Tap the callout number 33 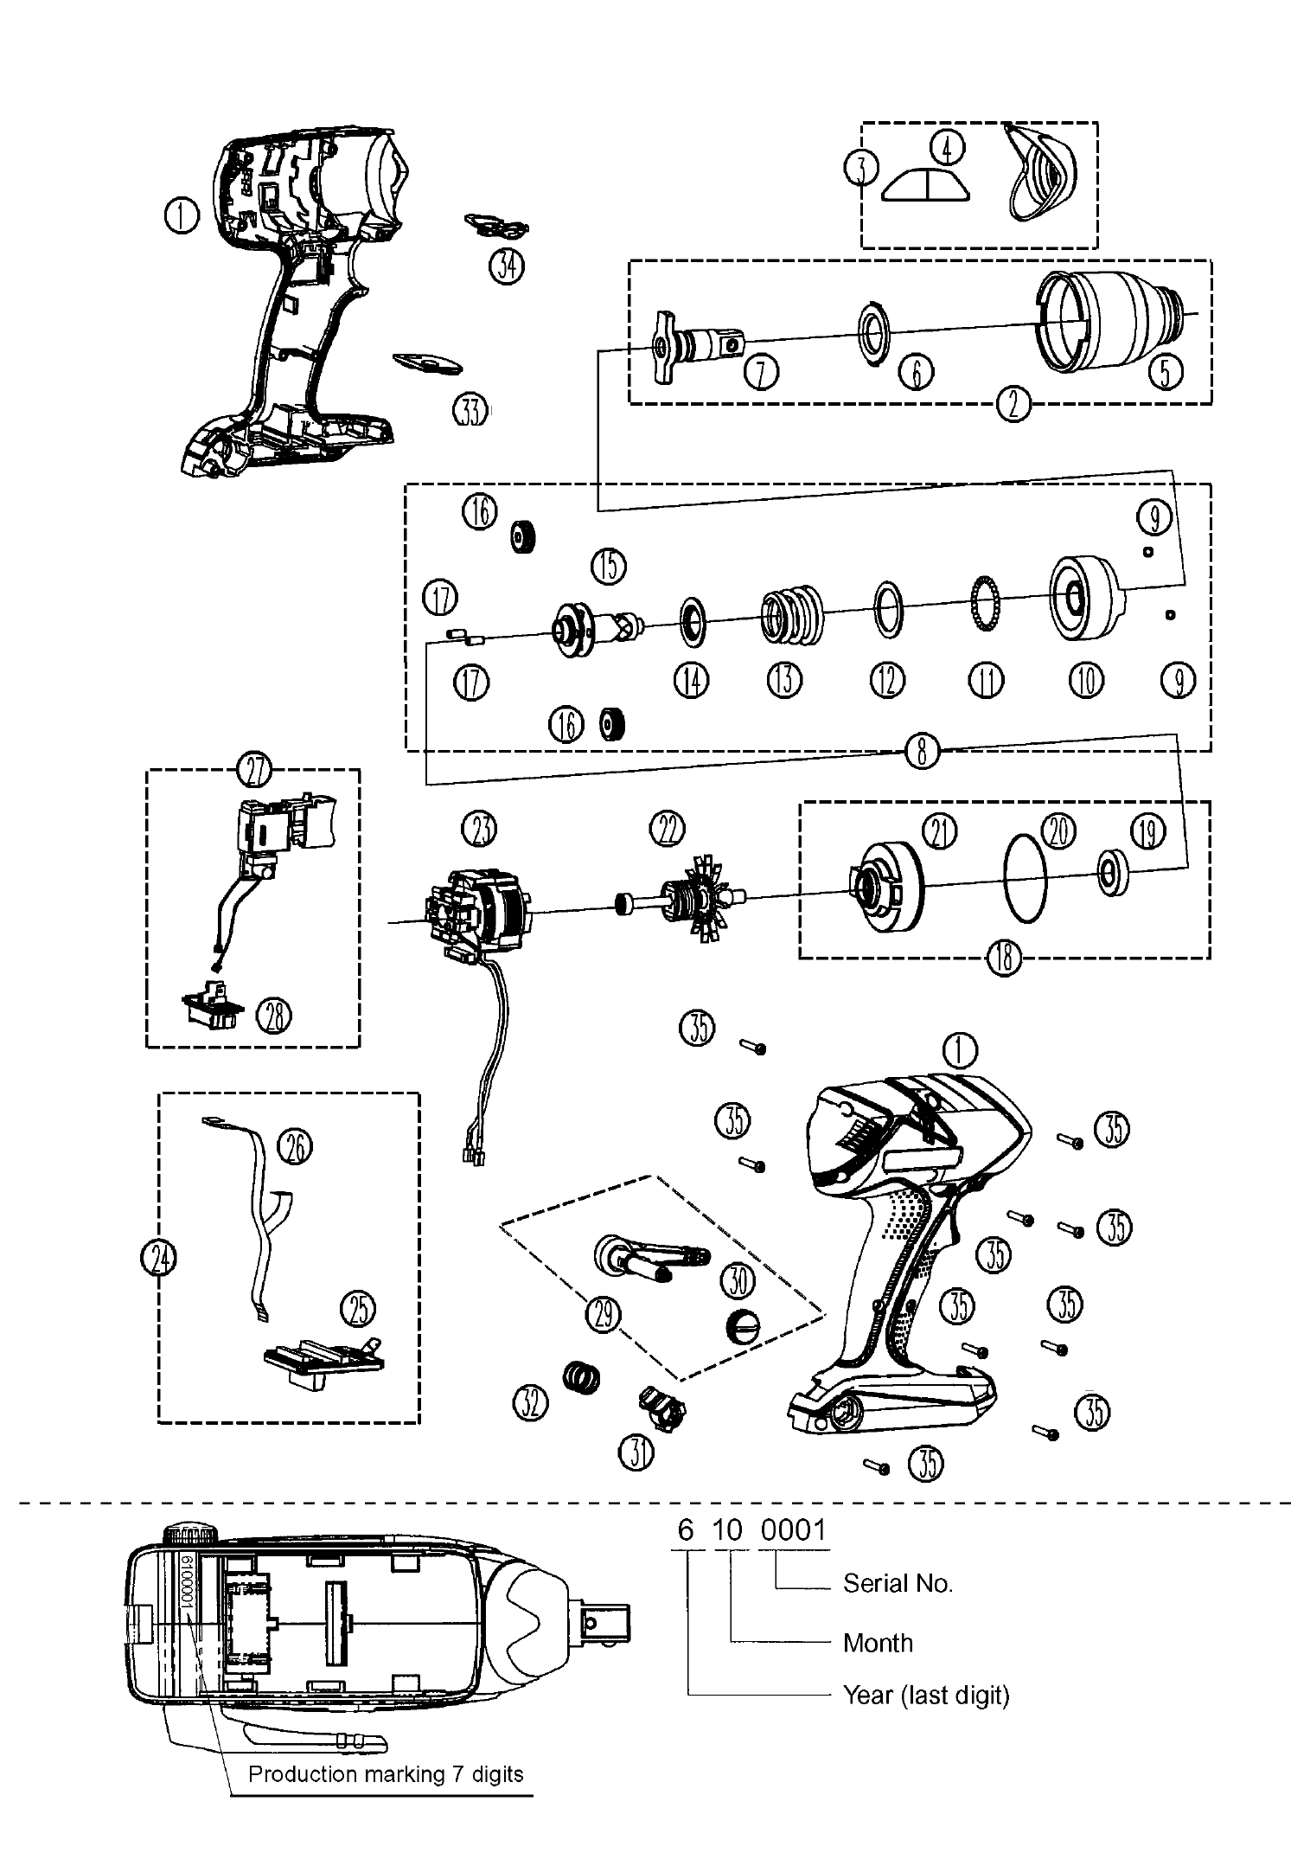[470, 410]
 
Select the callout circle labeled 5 [1165, 372]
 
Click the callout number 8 [922, 752]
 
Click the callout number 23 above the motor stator [480, 830]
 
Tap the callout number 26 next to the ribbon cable [295, 1147]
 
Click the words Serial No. [897, 1584]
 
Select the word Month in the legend [877, 1643]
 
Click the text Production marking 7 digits [386, 1775]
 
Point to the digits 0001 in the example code [794, 1530]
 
